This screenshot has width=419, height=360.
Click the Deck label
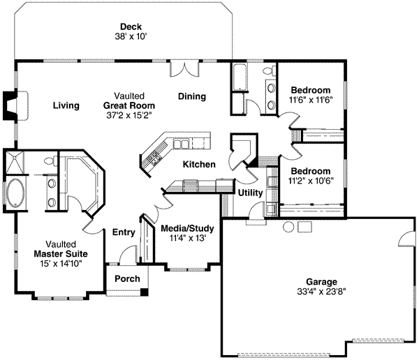[131, 26]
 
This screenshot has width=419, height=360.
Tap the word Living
[66, 105]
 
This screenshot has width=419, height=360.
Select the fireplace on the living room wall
[10, 105]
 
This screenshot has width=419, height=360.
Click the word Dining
[191, 97]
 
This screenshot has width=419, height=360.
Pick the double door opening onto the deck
[186, 68]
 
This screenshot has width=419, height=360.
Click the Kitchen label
[199, 164]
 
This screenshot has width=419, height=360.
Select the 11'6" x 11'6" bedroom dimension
[311, 100]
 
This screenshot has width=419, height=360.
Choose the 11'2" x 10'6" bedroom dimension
[311, 181]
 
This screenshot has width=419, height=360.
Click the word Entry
[124, 232]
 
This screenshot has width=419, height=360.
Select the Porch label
[126, 279]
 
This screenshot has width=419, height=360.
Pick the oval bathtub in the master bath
[14, 193]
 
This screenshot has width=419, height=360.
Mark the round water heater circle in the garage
[287, 227]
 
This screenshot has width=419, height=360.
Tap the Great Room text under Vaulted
[129, 105]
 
